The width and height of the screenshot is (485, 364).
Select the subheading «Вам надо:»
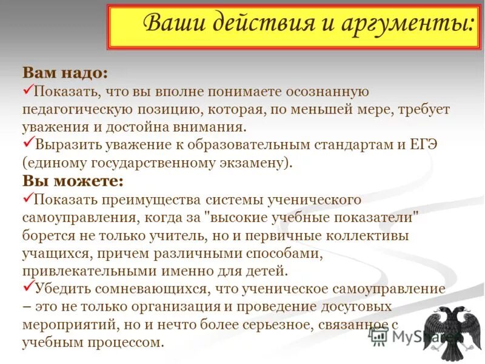[x=65, y=73]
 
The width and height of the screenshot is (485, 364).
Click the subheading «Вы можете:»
[x=73, y=181]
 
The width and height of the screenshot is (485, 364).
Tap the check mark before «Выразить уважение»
[x=28, y=143]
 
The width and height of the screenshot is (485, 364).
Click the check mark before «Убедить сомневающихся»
[x=28, y=286]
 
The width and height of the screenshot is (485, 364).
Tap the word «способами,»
[x=250, y=252]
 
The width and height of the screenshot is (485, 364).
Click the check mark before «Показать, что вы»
[x=28, y=90]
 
